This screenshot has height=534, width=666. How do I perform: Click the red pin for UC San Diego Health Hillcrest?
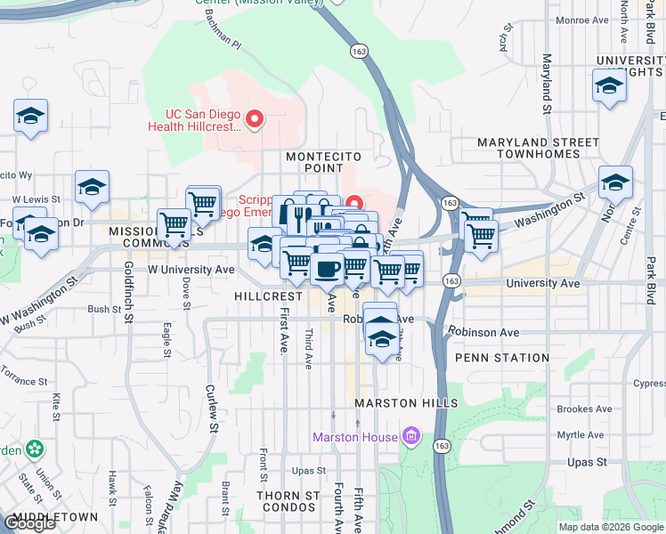point(255,118)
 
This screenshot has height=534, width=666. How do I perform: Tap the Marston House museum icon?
point(410,436)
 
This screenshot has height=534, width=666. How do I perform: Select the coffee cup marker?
point(327,267)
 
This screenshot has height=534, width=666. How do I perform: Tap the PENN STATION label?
point(502,358)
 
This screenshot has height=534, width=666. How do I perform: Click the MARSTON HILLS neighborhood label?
point(406,403)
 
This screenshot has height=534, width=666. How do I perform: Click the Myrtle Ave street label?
point(580,435)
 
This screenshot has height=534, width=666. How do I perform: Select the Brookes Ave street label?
point(584,409)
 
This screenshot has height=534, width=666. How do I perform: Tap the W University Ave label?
point(191,269)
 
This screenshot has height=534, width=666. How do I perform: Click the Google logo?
point(29,522)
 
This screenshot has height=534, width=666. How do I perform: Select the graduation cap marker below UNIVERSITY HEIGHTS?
point(609,86)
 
